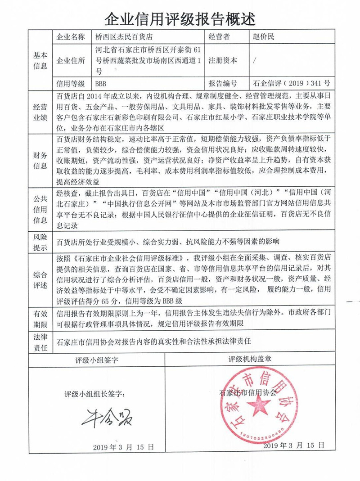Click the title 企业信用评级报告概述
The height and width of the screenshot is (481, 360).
click(180, 18)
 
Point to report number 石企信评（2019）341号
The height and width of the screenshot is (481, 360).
click(292, 84)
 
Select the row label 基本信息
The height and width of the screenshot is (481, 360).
click(40, 60)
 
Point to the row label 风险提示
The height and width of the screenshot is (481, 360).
click(40, 242)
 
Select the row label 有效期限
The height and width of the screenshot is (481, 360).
click(40, 317)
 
